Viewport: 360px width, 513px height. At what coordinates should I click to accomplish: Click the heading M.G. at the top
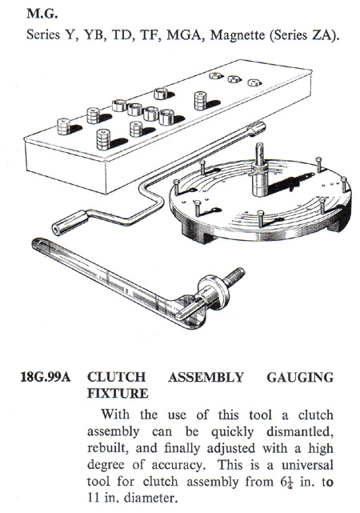pos(42,14)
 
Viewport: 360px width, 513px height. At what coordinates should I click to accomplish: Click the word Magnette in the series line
pos(238,34)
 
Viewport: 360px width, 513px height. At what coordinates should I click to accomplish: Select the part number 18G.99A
pos(46,377)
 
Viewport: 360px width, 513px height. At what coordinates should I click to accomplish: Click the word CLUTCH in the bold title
pos(116,377)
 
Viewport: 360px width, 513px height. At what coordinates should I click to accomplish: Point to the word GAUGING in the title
pos(300,377)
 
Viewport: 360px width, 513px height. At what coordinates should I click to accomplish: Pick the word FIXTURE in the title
pos(118,393)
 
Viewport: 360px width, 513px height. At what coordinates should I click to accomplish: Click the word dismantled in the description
pos(299,432)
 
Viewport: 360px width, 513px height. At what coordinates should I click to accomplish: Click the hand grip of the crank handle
pos(70,222)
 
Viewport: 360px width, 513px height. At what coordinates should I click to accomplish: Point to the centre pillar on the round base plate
pos(260,170)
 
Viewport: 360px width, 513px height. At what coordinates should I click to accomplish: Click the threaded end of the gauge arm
pos(234,275)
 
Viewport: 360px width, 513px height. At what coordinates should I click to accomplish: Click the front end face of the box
pos(66,167)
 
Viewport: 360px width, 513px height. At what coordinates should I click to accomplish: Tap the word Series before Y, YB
pos(43,34)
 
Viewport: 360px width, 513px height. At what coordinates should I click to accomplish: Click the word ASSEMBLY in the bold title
pos(206,377)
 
